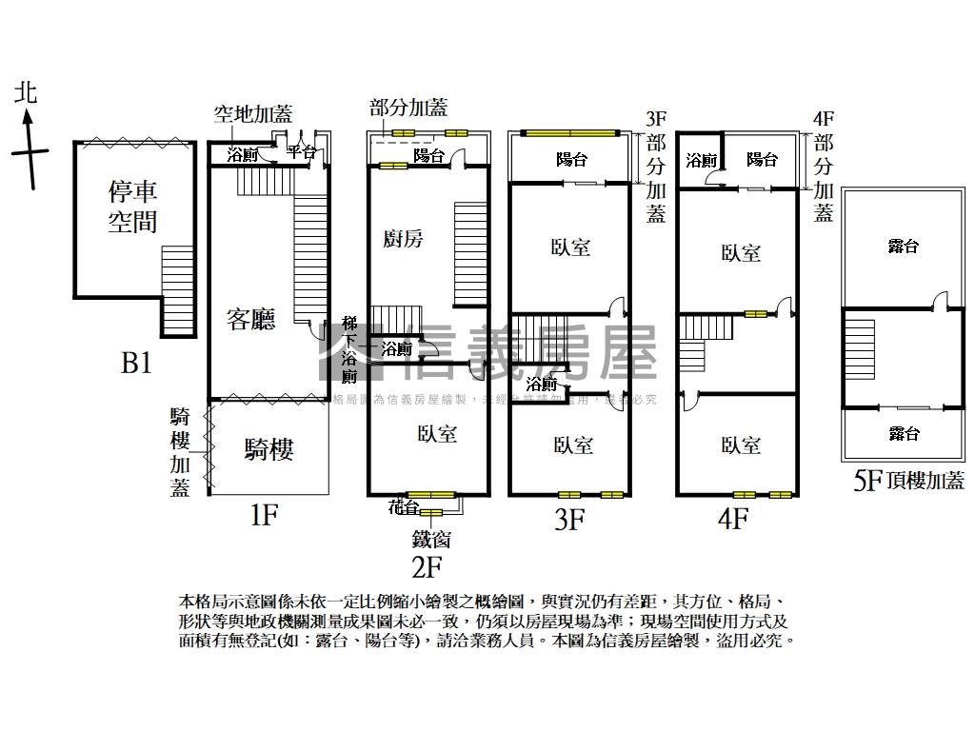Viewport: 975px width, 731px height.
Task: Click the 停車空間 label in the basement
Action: pos(132,207)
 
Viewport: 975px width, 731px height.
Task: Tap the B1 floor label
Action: pos(136,363)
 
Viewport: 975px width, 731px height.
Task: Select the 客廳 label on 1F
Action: pos(251,319)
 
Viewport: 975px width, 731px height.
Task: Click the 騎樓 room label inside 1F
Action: pos(269,449)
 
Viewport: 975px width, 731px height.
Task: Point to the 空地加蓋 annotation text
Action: pos(252,115)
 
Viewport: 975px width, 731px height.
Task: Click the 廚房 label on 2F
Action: pos(401,238)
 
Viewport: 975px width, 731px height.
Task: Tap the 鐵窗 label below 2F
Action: pos(431,540)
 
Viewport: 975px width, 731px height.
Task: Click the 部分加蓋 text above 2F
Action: pos(408,108)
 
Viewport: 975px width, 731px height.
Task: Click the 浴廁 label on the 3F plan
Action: pos(541,385)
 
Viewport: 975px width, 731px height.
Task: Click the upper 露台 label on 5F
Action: pos(903,247)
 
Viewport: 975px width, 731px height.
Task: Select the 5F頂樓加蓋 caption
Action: pos(908,481)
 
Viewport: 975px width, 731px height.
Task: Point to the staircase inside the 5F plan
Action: pos(859,349)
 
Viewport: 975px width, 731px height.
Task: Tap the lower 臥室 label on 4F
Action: pos(740,445)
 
